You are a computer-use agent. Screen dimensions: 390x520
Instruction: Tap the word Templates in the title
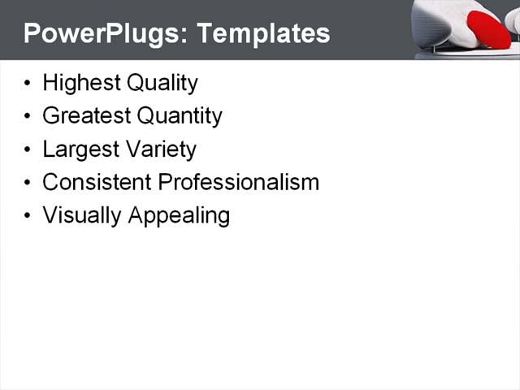click(x=263, y=33)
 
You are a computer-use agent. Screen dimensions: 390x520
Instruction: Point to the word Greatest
click(x=86, y=116)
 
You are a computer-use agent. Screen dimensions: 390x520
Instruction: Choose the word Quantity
click(x=179, y=116)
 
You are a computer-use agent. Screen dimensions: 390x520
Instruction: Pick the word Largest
click(x=77, y=149)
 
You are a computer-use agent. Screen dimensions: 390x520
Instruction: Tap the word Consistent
click(x=97, y=182)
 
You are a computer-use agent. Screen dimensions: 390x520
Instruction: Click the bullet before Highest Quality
click(x=28, y=84)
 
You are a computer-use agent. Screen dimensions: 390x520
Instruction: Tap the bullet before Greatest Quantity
click(x=28, y=117)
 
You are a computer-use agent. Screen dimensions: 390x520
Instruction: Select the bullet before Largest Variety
click(x=28, y=150)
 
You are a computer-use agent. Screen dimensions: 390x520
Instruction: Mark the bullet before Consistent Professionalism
click(x=28, y=183)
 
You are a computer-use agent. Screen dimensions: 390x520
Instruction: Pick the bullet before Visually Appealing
click(x=28, y=216)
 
